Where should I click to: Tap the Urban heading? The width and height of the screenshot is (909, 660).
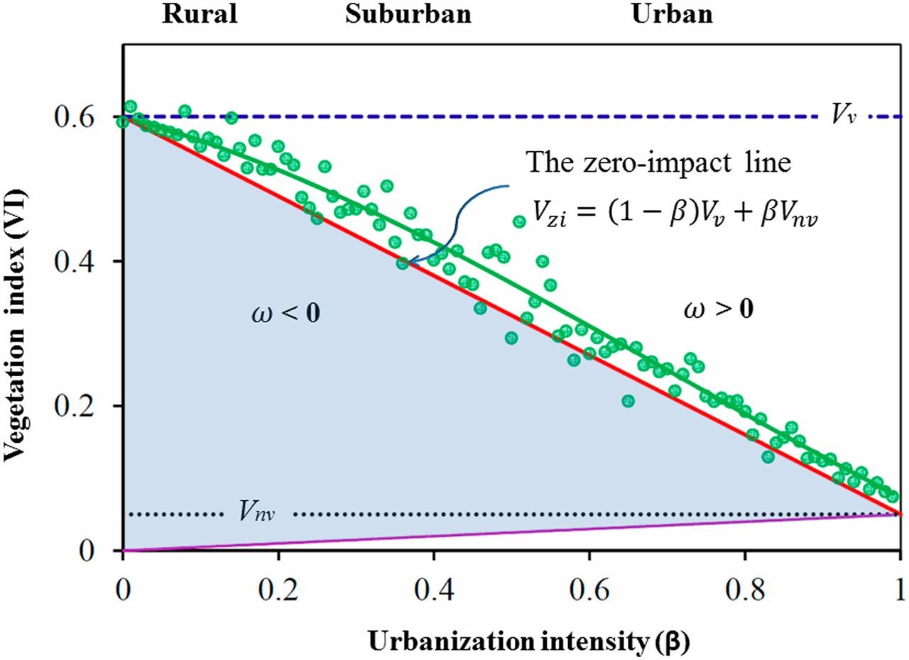pyautogui.click(x=672, y=15)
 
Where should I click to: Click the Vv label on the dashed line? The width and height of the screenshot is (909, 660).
pyautogui.click(x=843, y=116)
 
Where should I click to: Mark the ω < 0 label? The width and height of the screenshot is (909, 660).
pyautogui.click(x=285, y=313)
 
